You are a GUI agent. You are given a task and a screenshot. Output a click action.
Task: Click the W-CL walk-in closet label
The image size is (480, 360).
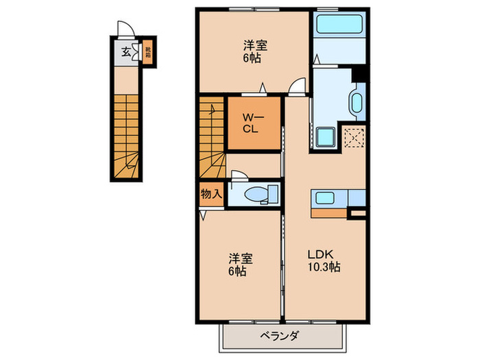point(248,125)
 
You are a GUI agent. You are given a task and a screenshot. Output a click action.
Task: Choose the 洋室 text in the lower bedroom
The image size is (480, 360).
point(241,259)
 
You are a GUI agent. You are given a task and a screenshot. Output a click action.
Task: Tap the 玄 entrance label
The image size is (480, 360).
point(127,51)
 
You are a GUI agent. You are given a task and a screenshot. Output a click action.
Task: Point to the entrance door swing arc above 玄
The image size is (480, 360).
point(123,29)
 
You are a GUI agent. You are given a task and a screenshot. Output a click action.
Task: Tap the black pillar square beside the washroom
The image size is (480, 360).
point(361,74)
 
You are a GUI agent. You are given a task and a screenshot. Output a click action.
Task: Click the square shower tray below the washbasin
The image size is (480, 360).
point(325,138)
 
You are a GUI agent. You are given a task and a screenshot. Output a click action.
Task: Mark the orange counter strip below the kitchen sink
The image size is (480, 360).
point(328,212)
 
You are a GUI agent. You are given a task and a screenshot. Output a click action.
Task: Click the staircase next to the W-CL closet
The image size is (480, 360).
point(212,137)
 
